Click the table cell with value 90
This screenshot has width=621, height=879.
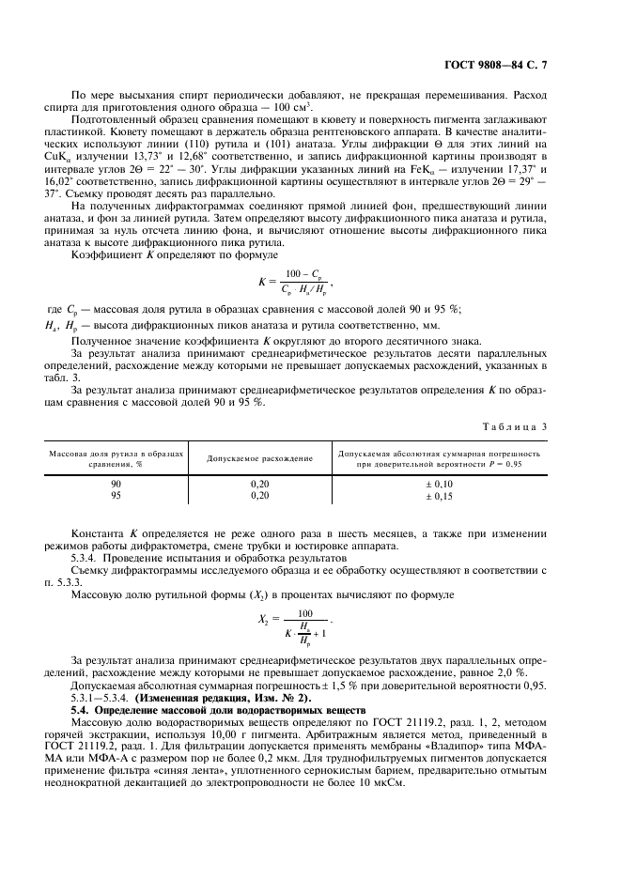[x=116, y=483]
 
